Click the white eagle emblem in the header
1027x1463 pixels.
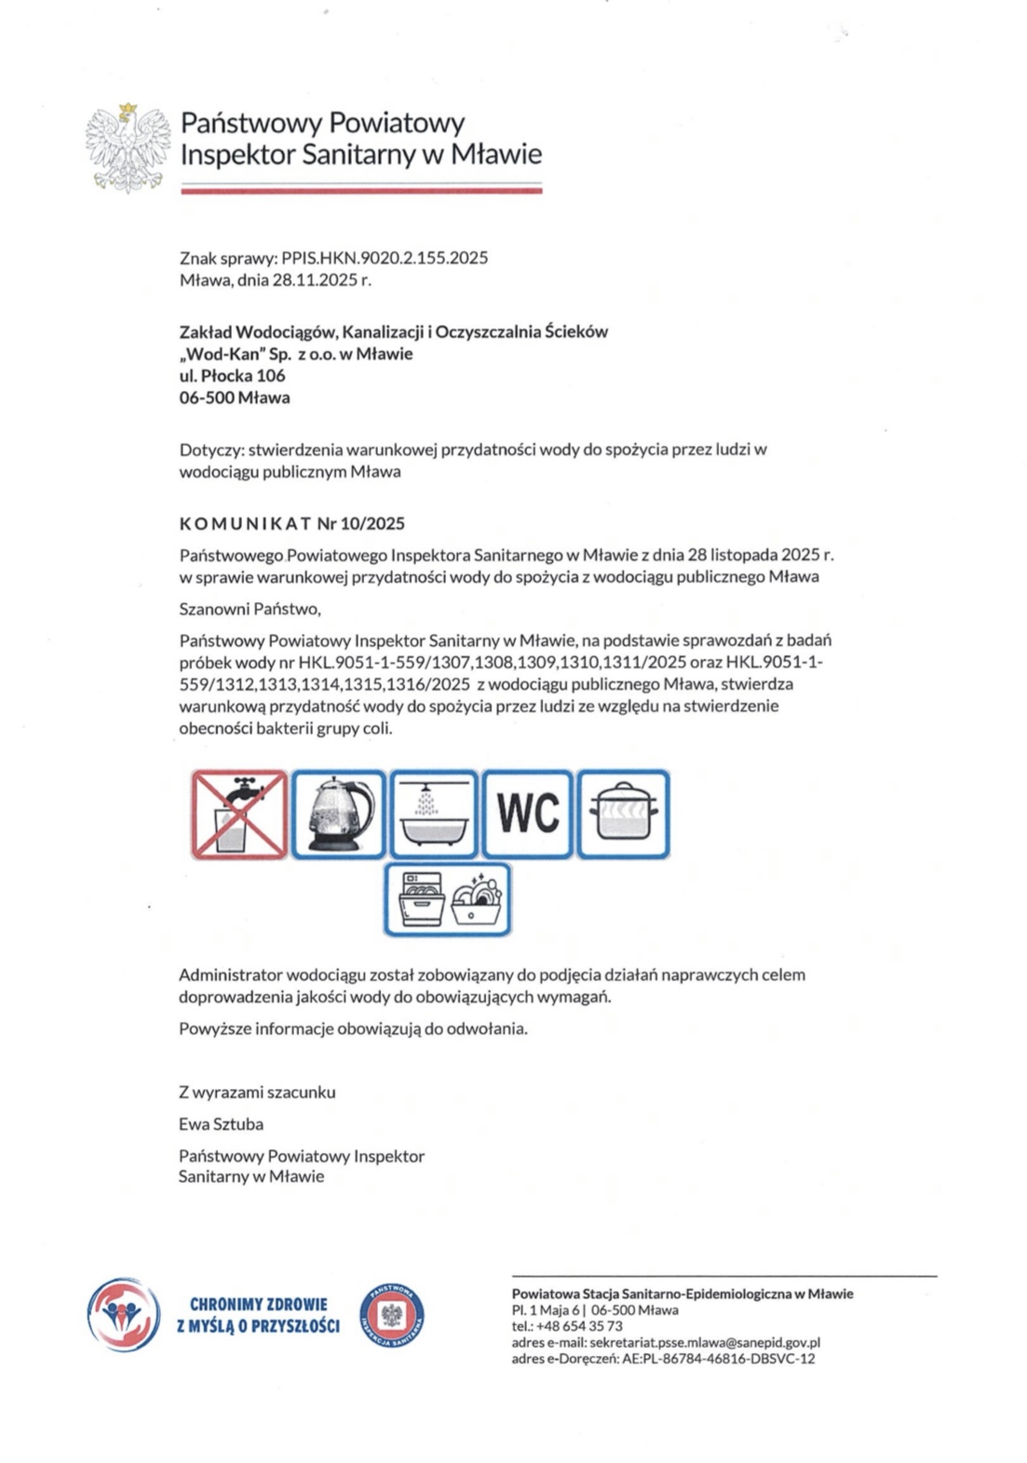(128, 147)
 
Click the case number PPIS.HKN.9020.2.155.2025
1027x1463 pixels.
(385, 258)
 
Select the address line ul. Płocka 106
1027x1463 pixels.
(232, 375)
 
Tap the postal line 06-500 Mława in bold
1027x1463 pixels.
(235, 397)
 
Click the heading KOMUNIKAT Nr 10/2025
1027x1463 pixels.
(291, 523)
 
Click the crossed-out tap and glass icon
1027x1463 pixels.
(239, 814)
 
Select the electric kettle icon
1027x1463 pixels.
(338, 814)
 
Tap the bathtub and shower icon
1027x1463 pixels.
(433, 814)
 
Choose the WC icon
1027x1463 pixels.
(527, 814)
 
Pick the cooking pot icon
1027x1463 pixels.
(623, 814)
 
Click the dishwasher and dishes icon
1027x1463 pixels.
(448, 900)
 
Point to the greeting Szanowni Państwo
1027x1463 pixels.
(250, 609)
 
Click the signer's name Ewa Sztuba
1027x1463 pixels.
(221, 1123)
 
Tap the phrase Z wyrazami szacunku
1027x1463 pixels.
(257, 1092)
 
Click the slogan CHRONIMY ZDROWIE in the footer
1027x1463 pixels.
(258, 1304)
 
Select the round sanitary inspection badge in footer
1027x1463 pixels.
(391, 1314)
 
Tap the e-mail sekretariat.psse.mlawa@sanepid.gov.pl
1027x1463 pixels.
(704, 1342)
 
